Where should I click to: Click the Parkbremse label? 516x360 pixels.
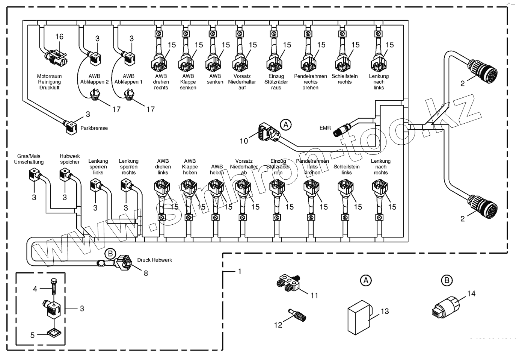point(94,128)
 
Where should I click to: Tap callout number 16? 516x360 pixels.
point(59,37)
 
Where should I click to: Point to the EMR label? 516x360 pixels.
point(325,128)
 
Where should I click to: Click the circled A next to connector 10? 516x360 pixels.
point(286,124)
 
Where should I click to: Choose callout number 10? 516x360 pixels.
point(244,141)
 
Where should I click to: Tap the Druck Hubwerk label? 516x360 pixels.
point(154,260)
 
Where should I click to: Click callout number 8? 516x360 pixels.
point(146,274)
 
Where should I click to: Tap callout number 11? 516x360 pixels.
point(314,296)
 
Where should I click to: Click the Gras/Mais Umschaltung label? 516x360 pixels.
point(29,159)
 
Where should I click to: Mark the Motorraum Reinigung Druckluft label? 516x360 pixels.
point(49,82)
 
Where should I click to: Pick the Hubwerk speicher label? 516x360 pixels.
point(70,159)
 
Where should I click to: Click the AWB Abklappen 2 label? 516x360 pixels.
point(94,79)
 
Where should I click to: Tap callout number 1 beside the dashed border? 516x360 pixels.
point(240,271)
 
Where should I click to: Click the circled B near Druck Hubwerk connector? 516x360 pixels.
point(110,254)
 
